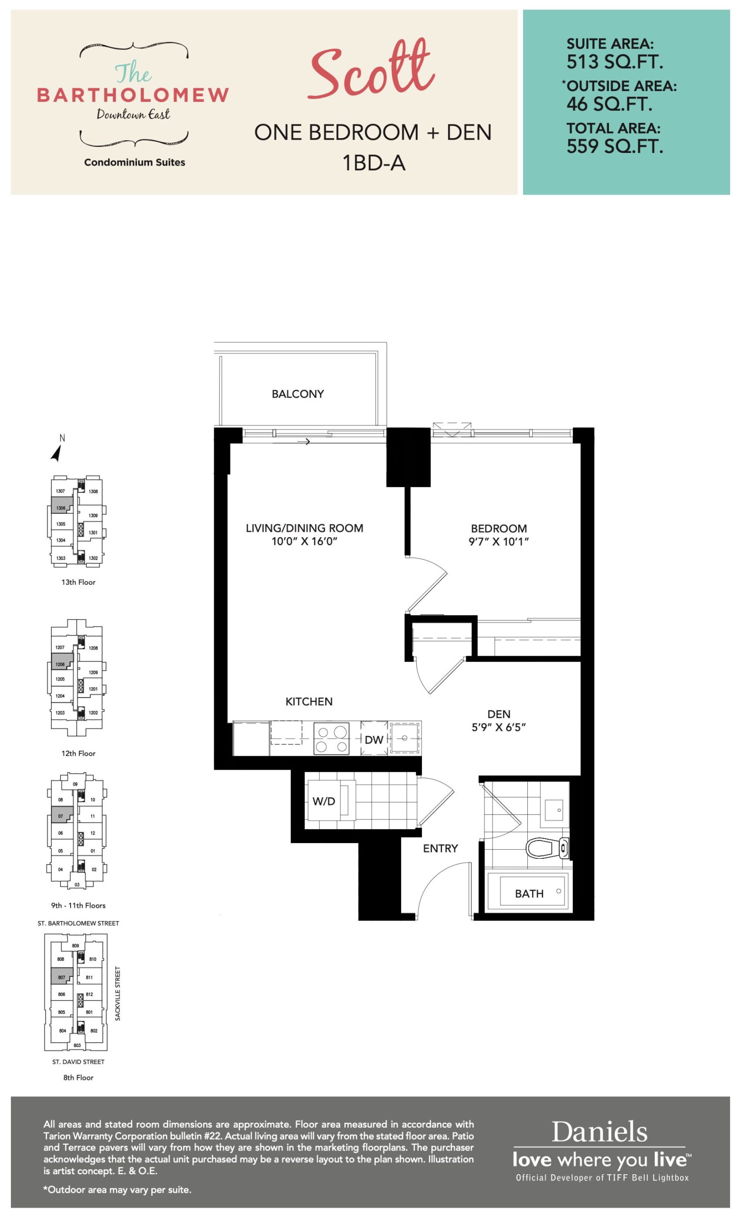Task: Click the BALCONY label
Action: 298,394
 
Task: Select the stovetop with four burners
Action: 331,738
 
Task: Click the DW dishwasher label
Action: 374,740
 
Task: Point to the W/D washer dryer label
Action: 324,801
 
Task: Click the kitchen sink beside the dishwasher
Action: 405,738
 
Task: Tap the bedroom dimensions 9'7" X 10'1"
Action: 499,541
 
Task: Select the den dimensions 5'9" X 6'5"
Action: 499,727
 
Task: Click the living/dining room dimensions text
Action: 304,541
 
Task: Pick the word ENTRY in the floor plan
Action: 440,848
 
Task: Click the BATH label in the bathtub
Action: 529,894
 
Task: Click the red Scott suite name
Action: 371,69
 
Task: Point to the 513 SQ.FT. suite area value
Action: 615,62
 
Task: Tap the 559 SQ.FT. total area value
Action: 615,147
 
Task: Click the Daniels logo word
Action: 599,1131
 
